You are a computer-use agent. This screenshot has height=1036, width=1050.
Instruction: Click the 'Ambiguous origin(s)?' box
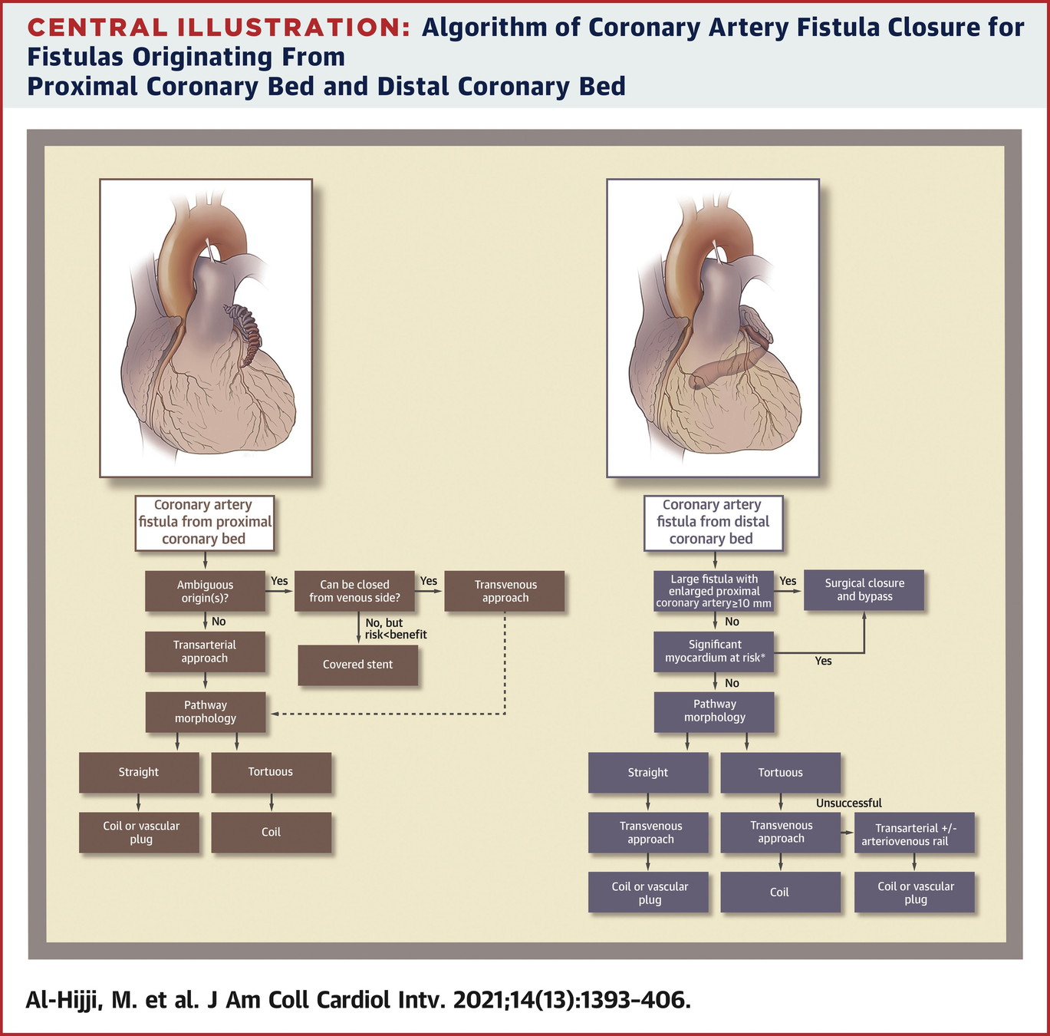point(206,591)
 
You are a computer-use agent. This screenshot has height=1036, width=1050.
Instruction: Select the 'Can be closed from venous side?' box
point(354,591)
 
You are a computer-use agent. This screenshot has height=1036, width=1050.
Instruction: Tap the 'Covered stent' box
point(357,665)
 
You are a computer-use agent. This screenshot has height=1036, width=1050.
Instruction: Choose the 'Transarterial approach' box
point(205,652)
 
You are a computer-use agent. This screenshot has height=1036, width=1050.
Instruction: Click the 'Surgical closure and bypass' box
point(864,590)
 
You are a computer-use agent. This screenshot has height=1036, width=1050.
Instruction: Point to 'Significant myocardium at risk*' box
point(714,652)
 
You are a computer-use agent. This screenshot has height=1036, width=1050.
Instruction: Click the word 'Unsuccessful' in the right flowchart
point(848,803)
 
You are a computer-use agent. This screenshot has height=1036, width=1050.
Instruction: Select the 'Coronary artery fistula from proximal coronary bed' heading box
point(204,522)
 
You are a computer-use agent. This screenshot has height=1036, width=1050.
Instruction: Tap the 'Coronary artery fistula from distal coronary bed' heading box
point(713,522)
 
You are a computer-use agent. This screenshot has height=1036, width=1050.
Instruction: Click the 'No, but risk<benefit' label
point(394,629)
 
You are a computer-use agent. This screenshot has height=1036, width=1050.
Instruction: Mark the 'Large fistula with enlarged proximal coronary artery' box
point(714,591)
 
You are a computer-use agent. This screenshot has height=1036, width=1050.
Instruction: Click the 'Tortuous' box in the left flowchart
point(271,772)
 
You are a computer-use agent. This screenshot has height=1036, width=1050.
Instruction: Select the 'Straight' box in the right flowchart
point(648,773)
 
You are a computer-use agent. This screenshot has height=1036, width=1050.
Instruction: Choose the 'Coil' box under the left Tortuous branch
point(271,832)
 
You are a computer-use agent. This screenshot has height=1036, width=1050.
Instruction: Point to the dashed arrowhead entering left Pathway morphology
point(274,714)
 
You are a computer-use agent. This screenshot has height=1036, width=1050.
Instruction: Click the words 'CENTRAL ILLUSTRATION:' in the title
point(219,28)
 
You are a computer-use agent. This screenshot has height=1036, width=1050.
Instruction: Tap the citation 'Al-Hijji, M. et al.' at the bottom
point(110,1000)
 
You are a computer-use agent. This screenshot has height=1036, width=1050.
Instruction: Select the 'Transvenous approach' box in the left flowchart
point(505,591)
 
